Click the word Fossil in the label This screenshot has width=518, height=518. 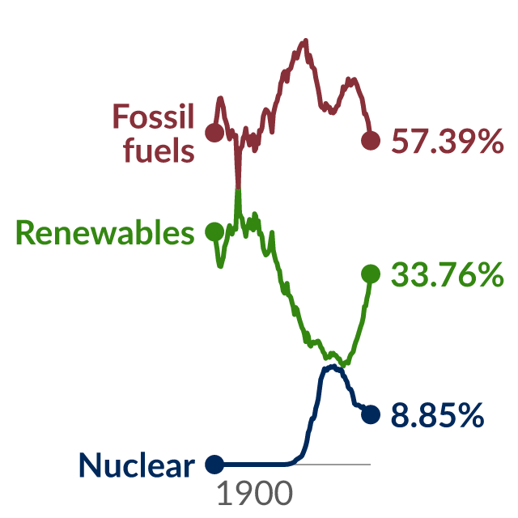coord(153,116)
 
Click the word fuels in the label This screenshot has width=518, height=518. coord(159,150)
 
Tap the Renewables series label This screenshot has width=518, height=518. coord(105,232)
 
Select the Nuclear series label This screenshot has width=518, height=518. coord(137,465)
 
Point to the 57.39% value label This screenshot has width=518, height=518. coord(448,141)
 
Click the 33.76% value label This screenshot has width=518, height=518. coord(448,274)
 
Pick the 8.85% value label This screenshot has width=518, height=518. coord(437,415)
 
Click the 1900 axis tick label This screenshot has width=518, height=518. coord(255,493)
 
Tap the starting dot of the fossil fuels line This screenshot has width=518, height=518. coord(214,133)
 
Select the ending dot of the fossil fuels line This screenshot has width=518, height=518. coord(371,140)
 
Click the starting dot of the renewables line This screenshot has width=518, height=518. coord(214,231)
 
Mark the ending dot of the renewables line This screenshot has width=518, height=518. coord(371,274)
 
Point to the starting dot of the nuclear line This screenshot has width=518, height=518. coord(214,464)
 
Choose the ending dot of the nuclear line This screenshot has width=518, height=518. coord(371,414)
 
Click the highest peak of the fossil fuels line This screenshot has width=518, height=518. coord(306,40)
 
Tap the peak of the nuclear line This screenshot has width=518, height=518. coord(333,366)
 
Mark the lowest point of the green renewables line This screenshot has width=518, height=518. coord(343,365)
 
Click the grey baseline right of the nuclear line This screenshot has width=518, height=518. coord(333,465)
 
